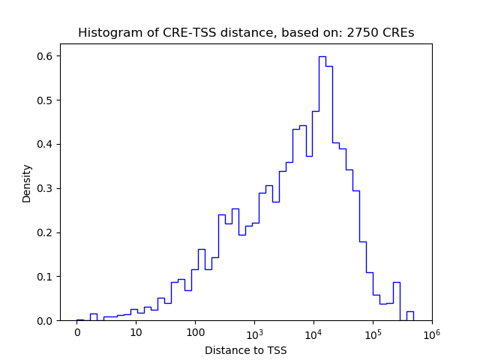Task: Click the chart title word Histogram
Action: coord(105,33)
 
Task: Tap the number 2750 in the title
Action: coord(361,33)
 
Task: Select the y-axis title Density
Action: coord(27,183)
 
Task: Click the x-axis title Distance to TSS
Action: coord(246,350)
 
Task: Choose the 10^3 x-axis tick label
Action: coord(254,332)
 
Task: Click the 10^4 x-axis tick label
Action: coord(313,332)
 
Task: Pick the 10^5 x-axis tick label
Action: coord(373,332)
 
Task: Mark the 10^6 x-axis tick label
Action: coord(431,332)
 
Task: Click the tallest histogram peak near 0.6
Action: coord(322,57)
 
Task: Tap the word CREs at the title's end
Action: coord(397,33)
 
